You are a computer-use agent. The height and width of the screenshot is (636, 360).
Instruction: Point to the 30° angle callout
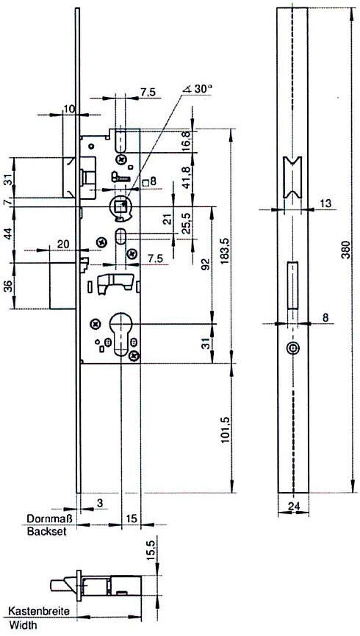(x=198, y=89)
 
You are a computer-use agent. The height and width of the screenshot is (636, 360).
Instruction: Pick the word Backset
(x=46, y=532)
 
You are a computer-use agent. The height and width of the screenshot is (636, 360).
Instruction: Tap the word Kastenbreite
(x=39, y=611)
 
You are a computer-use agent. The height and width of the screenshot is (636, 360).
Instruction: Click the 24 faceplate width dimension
(x=292, y=505)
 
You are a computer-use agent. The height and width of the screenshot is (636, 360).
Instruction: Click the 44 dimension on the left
(x=9, y=235)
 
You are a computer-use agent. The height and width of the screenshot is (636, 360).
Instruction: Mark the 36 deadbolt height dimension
(x=9, y=286)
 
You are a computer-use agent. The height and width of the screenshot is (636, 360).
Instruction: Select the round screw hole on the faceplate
(x=292, y=347)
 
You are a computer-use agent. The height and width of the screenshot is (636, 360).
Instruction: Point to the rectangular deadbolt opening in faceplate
(x=292, y=286)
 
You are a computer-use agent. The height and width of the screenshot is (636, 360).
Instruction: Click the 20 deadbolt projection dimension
(x=63, y=244)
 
